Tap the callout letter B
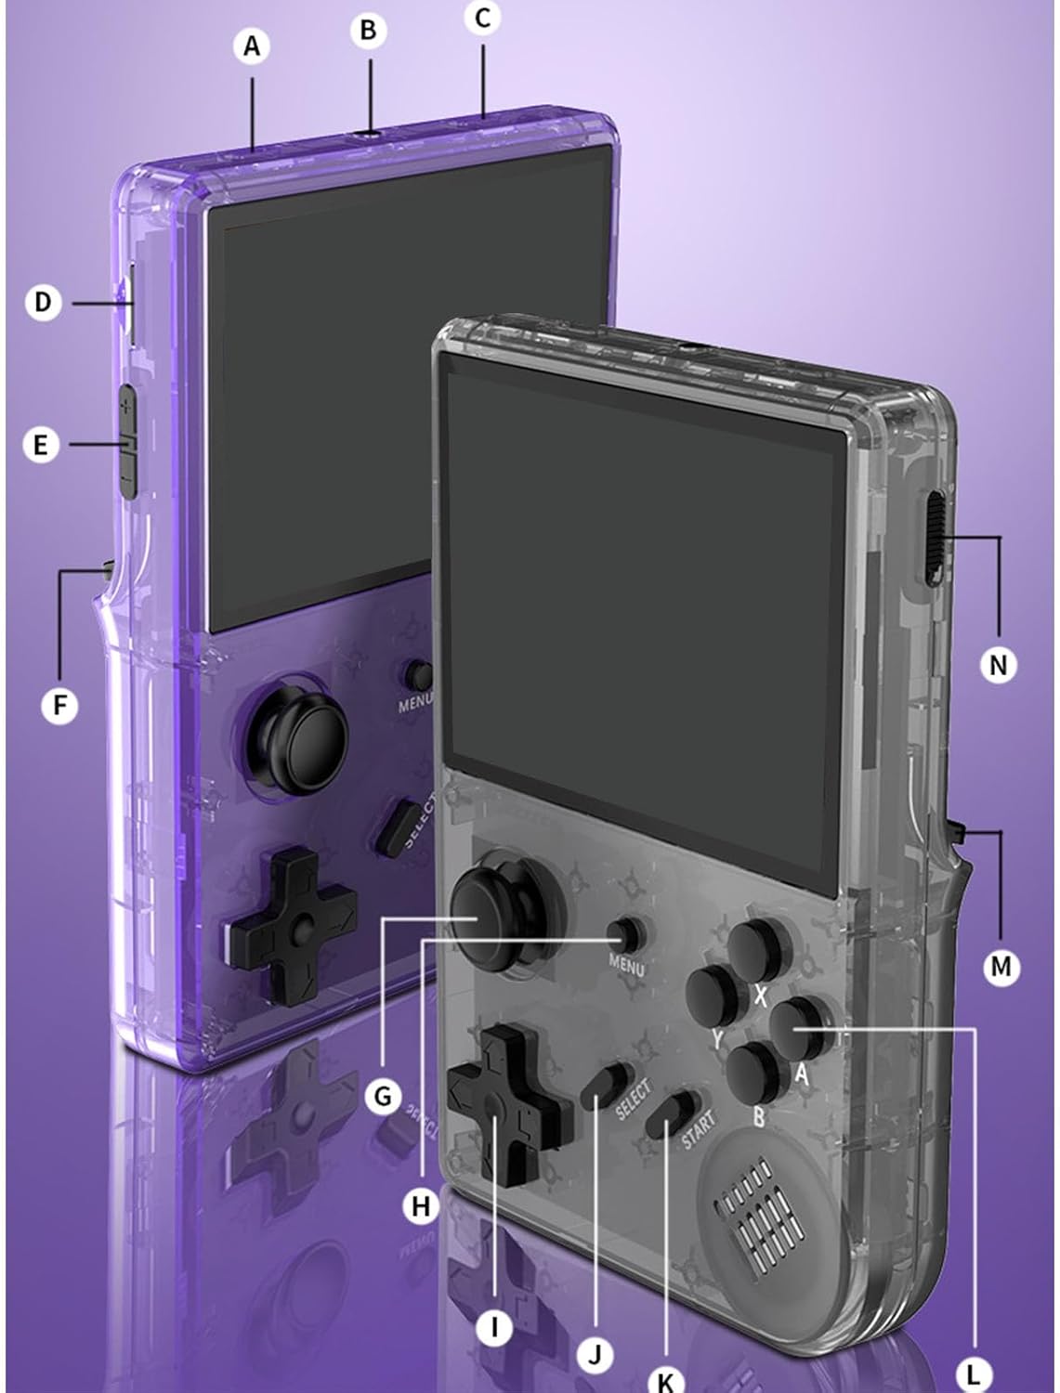[x=369, y=31]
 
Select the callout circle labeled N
[x=998, y=665]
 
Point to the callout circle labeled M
[x=1001, y=967]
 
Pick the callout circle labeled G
[x=383, y=1097]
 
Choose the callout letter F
[x=60, y=706]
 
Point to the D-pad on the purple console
[x=292, y=924]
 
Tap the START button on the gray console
[x=672, y=1114]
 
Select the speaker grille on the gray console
[x=759, y=1207]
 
